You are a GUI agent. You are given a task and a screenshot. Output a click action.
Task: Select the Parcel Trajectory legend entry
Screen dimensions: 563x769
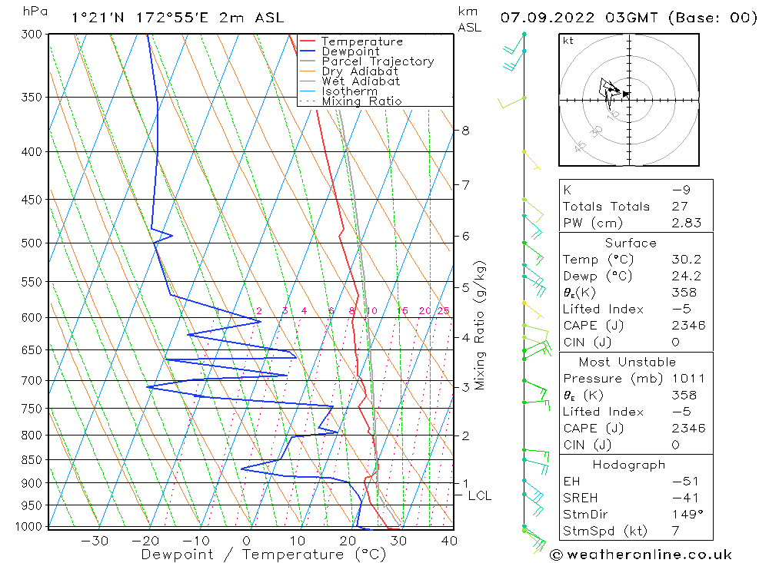[x=377, y=61]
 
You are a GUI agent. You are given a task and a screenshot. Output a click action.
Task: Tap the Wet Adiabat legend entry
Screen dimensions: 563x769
[x=360, y=81]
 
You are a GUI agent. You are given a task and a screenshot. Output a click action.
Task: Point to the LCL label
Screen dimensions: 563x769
[x=479, y=496]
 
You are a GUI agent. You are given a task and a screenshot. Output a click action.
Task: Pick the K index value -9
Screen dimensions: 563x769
[x=684, y=190]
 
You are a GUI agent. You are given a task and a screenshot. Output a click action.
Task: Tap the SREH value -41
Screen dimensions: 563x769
[x=684, y=498]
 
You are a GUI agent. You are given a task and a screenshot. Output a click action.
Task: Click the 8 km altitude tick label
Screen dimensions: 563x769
[x=466, y=131]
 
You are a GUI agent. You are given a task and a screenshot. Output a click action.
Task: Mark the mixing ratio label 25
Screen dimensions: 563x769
[x=443, y=311]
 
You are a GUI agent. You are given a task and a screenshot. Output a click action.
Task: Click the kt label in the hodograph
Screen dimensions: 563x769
[x=568, y=41]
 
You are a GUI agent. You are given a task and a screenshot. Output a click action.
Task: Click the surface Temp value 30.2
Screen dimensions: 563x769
[x=684, y=260]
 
